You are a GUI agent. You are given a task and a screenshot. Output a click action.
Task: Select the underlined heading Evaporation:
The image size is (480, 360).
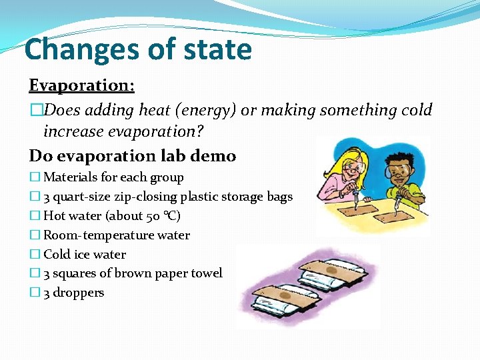[x=81, y=86]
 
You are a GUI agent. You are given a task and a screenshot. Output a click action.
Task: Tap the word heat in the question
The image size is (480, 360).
[x=154, y=110]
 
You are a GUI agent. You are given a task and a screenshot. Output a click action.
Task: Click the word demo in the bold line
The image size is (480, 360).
[x=213, y=156]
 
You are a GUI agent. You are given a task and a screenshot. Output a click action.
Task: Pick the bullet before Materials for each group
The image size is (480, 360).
[x=34, y=178]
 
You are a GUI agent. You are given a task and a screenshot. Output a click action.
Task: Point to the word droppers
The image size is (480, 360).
[x=79, y=293]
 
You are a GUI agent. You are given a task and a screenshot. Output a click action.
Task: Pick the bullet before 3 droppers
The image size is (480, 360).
[x=34, y=293]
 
